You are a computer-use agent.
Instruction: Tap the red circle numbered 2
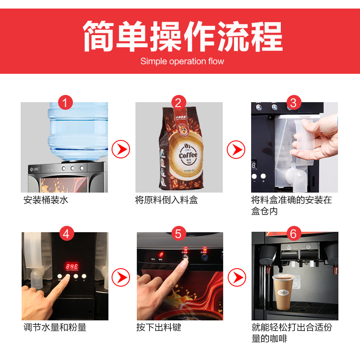(x=178, y=102)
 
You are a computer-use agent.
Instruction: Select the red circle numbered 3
(x=293, y=102)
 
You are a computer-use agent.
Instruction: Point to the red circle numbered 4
(x=66, y=233)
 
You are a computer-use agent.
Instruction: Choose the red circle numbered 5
(x=179, y=233)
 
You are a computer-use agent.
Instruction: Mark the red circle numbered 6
(x=293, y=233)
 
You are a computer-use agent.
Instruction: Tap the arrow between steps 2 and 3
(x=236, y=148)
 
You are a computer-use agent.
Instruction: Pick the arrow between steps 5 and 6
(x=237, y=277)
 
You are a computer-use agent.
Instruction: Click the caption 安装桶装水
(x=46, y=200)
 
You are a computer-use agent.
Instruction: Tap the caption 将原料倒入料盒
(x=166, y=200)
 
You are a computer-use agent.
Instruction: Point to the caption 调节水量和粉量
(x=54, y=327)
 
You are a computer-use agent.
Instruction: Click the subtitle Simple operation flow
(x=182, y=61)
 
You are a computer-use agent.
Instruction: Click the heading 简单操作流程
(x=182, y=36)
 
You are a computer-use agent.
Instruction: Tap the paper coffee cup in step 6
(x=283, y=291)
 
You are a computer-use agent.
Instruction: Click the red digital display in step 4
(x=71, y=265)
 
